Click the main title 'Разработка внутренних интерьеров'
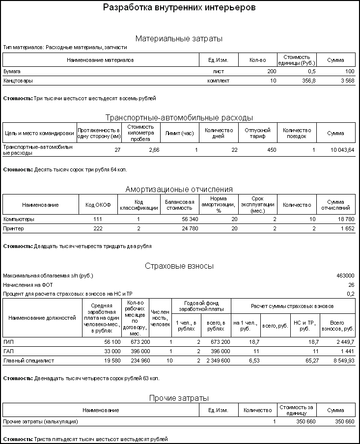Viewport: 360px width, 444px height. point(179,8)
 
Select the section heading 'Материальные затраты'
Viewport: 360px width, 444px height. point(179,38)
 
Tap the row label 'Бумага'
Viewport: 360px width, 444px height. point(12,71)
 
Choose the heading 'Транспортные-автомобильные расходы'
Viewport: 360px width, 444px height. point(179,117)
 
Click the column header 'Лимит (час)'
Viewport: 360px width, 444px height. point(181,133)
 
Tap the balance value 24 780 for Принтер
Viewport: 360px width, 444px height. point(188,228)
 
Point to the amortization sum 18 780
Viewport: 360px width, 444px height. point(344,219)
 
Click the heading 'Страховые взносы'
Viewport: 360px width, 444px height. point(179,266)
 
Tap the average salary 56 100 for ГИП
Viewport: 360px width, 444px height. point(110,341)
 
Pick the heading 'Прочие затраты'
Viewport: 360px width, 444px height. point(179,398)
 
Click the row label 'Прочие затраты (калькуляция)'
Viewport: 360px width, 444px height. point(40,421)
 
